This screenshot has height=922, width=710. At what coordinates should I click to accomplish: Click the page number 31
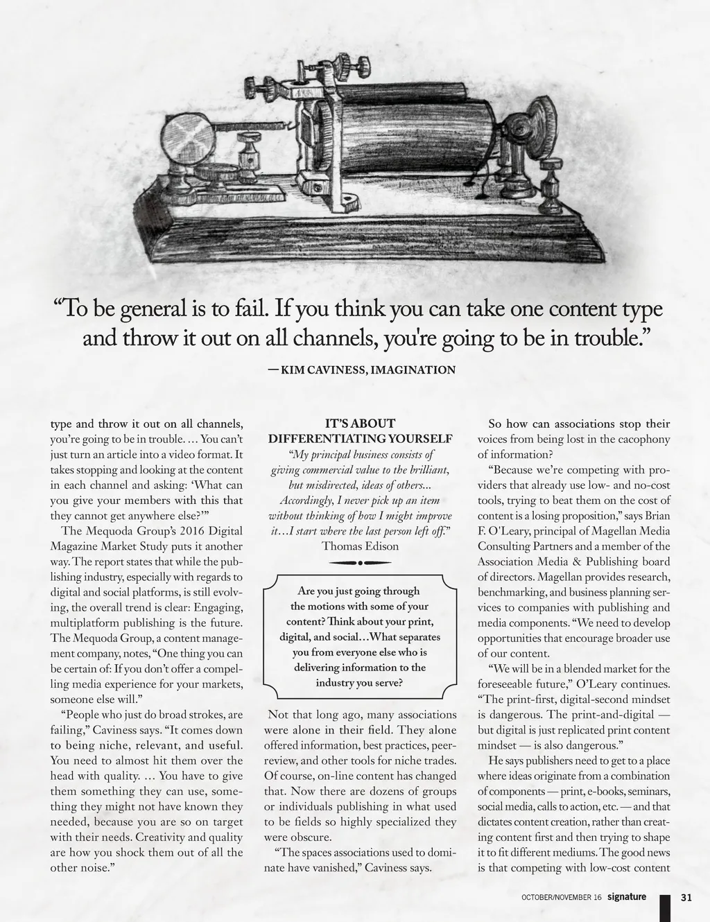(x=686, y=897)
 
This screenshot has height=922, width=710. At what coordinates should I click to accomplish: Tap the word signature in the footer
(x=626, y=896)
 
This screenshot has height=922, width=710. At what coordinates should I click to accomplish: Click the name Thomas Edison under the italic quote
(x=360, y=546)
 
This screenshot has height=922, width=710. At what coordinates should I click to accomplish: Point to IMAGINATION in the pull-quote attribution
(x=413, y=369)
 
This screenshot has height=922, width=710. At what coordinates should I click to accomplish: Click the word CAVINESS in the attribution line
(x=338, y=369)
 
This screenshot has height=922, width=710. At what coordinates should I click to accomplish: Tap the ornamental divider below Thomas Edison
(x=361, y=563)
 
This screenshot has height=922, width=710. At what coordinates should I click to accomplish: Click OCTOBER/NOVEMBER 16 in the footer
(x=562, y=898)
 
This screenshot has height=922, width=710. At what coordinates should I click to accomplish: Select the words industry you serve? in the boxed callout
(x=360, y=683)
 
